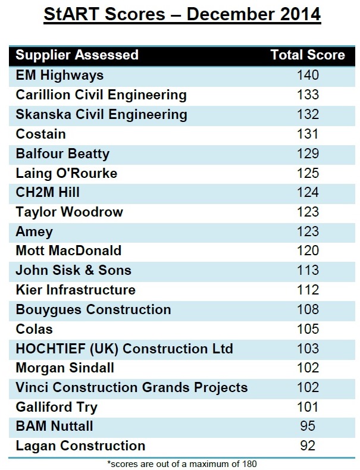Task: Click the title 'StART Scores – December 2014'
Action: click(x=182, y=14)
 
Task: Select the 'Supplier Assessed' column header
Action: click(x=77, y=55)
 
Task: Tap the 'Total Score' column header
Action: click(x=308, y=55)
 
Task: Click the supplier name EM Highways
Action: click(x=60, y=75)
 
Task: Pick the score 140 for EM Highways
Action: click(x=308, y=75)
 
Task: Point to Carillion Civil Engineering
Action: click(x=101, y=95)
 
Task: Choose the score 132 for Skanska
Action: click(x=308, y=114)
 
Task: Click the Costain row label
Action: click(x=41, y=134)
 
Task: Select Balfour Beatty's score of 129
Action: click(x=308, y=153)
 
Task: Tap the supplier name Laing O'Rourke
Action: click(x=67, y=173)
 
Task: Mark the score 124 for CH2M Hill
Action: click(x=308, y=193)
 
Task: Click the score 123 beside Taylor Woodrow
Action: click(x=308, y=212)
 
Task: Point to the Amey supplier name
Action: click(x=35, y=231)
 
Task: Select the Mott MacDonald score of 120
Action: click(x=308, y=250)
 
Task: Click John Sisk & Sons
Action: click(x=74, y=270)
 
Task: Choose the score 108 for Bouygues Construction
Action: click(x=308, y=309)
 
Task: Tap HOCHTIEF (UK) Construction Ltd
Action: click(x=124, y=348)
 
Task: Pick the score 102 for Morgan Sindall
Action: click(x=308, y=368)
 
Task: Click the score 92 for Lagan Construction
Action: click(x=308, y=445)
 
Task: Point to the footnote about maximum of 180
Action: click(x=182, y=463)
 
